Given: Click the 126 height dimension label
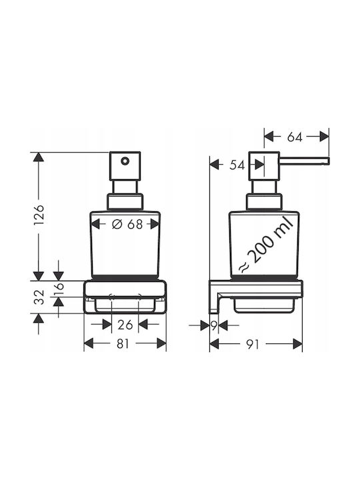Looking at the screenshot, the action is pyautogui.click(x=39, y=214).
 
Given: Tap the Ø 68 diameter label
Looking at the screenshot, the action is pyautogui.click(x=127, y=225).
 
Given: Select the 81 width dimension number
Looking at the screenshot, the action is pyautogui.click(x=123, y=344).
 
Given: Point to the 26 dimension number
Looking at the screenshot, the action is pyautogui.click(x=125, y=325).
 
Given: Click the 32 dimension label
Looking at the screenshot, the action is pyautogui.click(x=39, y=297).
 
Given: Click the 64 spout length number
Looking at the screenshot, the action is pyautogui.click(x=295, y=137).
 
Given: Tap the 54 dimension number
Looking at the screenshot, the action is pyautogui.click(x=237, y=165).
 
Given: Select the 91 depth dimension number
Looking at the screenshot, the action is pyautogui.click(x=253, y=345).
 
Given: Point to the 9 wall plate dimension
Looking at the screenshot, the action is pyautogui.click(x=214, y=325).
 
